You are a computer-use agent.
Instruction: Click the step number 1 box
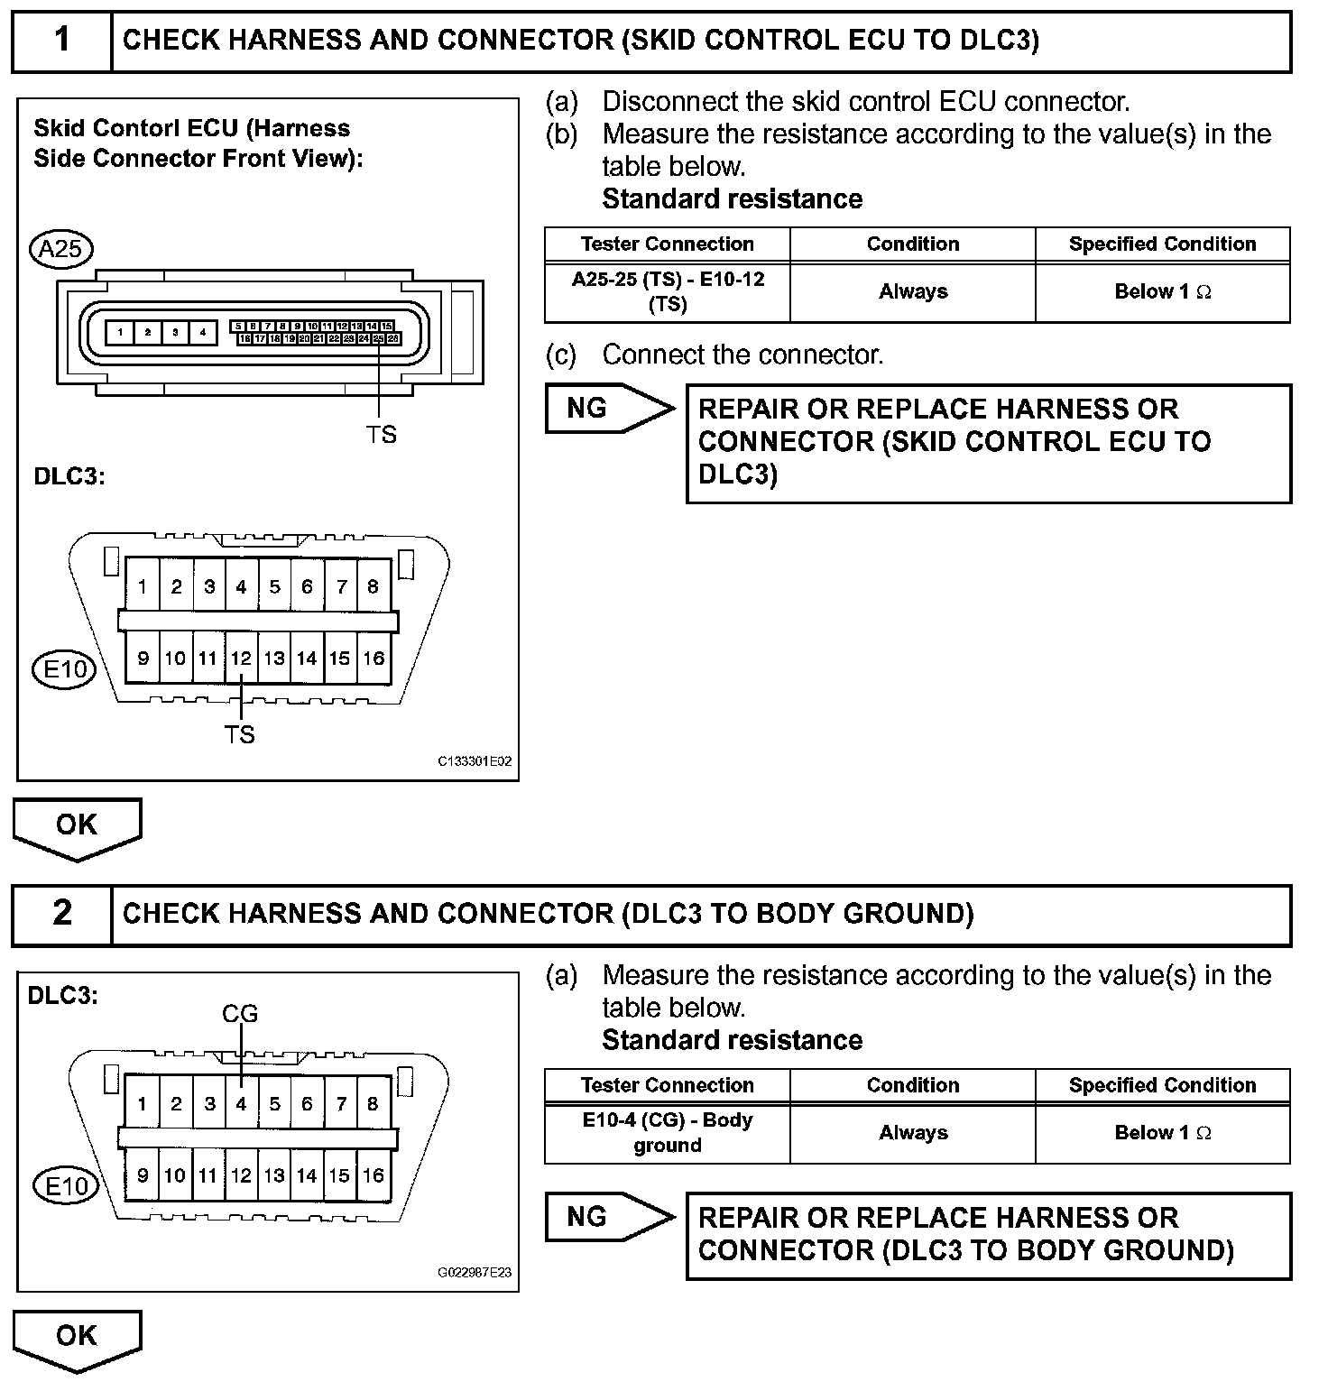pyautogui.click(x=61, y=41)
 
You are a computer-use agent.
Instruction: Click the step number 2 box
pyautogui.click(x=61, y=914)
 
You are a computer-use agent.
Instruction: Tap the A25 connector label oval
pyautogui.click(x=61, y=248)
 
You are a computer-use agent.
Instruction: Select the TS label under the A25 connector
pyautogui.click(x=381, y=435)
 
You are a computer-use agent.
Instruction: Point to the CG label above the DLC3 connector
pyautogui.click(x=240, y=1014)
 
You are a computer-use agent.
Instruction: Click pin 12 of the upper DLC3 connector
pyautogui.click(x=241, y=659)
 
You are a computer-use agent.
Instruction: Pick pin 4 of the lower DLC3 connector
pyautogui.click(x=241, y=1103)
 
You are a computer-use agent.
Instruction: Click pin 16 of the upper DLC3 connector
pyautogui.click(x=373, y=659)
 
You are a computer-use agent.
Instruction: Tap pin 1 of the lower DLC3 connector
pyautogui.click(x=143, y=1103)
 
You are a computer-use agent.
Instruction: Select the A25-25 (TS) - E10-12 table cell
pyautogui.click(x=668, y=291)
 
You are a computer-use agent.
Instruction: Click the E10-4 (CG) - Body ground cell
pyautogui.click(x=668, y=1132)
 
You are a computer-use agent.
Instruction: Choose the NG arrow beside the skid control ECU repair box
pyautogui.click(x=610, y=409)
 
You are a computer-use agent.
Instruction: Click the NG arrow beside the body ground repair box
pyautogui.click(x=610, y=1217)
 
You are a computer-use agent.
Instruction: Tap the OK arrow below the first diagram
pyautogui.click(x=77, y=826)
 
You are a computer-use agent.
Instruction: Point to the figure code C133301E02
pyautogui.click(x=475, y=761)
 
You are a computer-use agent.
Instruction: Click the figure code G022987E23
pyautogui.click(x=475, y=1273)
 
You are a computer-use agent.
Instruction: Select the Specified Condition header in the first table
pyautogui.click(x=1162, y=244)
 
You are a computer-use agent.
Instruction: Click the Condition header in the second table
pyautogui.click(x=913, y=1085)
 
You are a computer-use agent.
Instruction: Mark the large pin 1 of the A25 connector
pyautogui.click(x=120, y=333)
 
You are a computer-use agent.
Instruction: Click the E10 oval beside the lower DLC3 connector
pyautogui.click(x=66, y=1186)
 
